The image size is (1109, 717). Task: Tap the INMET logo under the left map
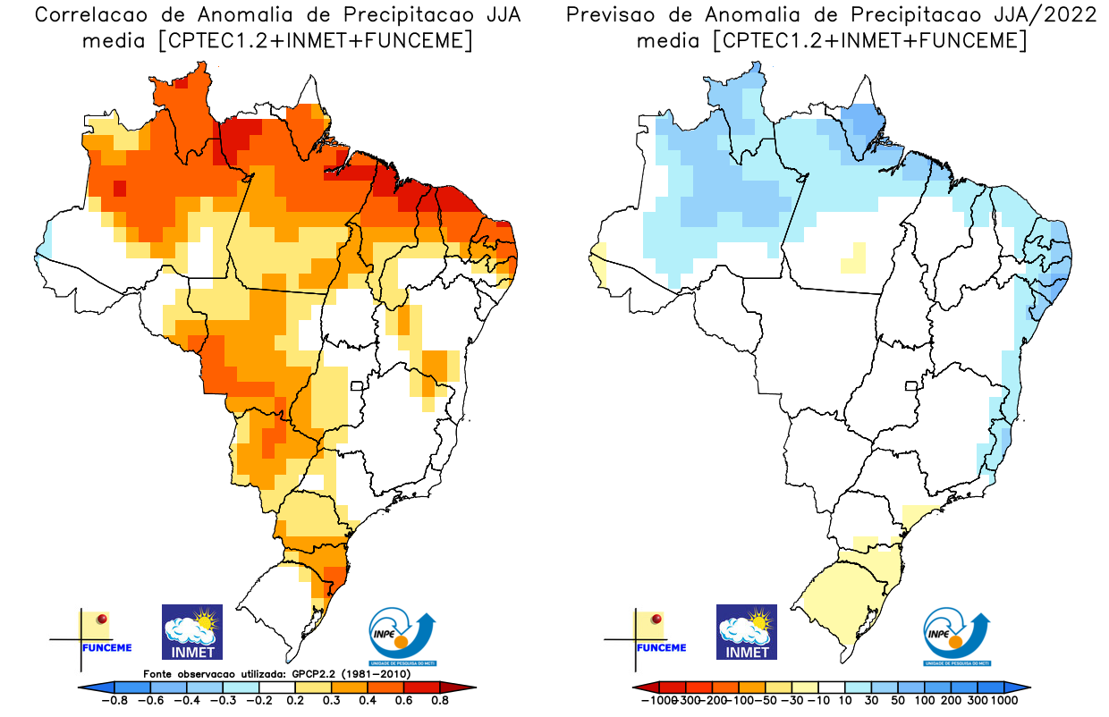coord(192,632)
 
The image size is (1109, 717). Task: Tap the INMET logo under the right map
coord(747,632)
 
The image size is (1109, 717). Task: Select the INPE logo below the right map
coord(957,634)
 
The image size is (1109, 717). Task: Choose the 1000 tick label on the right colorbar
coord(1003,701)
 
